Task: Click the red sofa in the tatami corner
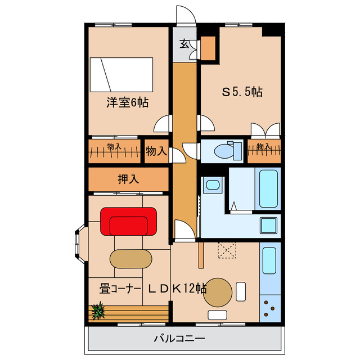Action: point(128,221)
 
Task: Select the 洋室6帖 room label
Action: point(127,103)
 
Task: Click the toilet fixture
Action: point(223,150)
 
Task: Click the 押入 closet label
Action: point(128,179)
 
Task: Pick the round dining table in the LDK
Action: point(217,292)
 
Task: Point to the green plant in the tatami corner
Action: point(98,310)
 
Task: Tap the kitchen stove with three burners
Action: point(269,309)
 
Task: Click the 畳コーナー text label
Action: point(119,289)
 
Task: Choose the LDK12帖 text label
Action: point(177,289)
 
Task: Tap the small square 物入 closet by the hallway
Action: point(156,151)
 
